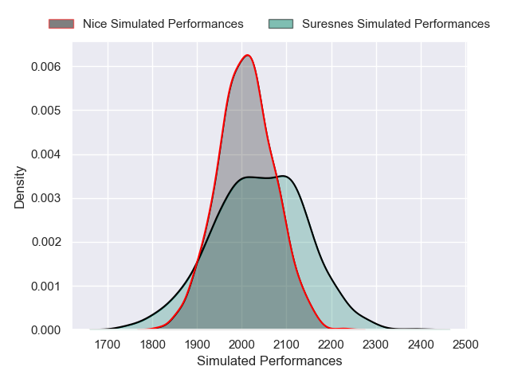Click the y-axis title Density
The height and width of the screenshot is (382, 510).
[x=20, y=187]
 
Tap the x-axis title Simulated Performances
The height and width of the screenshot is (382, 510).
[x=269, y=361]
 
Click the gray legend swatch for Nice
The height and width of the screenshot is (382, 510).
[x=61, y=24]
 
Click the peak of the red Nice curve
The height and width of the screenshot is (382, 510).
[x=249, y=55]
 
